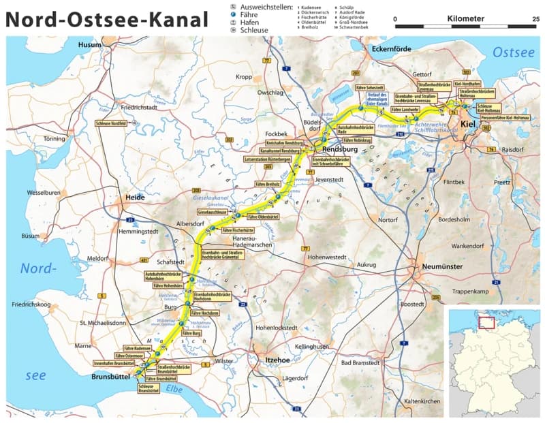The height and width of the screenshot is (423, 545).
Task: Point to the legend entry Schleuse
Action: click(x=253, y=31)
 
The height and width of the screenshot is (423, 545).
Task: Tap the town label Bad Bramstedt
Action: click(x=361, y=362)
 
